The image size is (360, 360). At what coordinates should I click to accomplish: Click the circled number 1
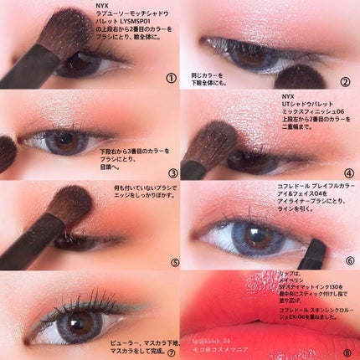[x=171, y=79]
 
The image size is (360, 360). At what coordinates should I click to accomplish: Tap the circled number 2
[x=344, y=81]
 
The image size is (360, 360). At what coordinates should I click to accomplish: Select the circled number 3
[x=171, y=170]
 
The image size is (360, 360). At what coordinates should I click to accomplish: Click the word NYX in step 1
[x=103, y=7]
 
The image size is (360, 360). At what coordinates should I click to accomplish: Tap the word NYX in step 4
[x=289, y=95]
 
